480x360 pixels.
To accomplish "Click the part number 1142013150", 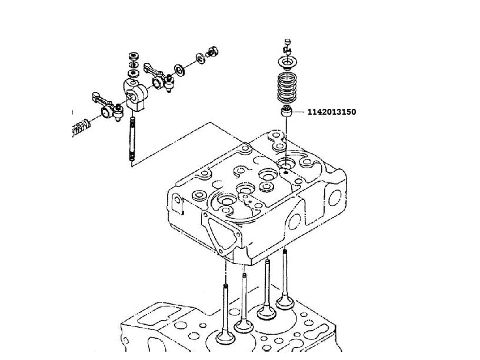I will pos(331,112).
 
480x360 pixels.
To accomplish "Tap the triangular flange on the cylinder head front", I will pos(219,232).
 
